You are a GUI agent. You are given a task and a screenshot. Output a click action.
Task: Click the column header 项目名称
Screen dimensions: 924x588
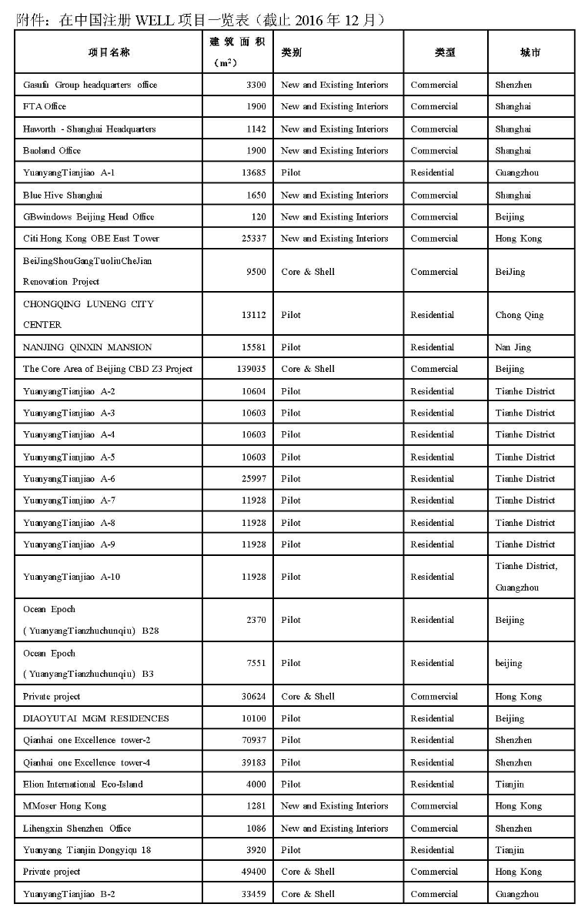pos(109,52)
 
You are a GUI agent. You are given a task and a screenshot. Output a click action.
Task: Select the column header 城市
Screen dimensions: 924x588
pos(530,52)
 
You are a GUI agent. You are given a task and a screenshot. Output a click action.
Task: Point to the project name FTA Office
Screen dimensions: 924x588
pos(45,106)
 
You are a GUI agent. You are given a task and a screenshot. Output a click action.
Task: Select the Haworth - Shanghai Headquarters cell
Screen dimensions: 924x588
pos(89,129)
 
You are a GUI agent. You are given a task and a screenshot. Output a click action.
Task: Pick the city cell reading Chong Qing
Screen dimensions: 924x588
pos(520,315)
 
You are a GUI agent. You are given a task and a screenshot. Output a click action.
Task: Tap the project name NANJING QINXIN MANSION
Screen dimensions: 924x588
pos(88,347)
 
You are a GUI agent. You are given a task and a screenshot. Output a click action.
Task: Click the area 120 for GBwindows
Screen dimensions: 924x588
pos(258,217)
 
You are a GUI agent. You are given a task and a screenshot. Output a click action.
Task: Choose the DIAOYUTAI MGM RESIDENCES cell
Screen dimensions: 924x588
pos(96,718)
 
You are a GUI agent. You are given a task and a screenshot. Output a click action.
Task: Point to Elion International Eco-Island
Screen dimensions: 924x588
pos(83,784)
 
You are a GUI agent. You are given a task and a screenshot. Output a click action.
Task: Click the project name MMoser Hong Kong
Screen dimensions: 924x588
pos(65,806)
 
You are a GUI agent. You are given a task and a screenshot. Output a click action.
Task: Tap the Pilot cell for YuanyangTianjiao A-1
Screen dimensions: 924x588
pos(291,172)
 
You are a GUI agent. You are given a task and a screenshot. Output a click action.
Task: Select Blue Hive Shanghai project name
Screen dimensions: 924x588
pos(62,195)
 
